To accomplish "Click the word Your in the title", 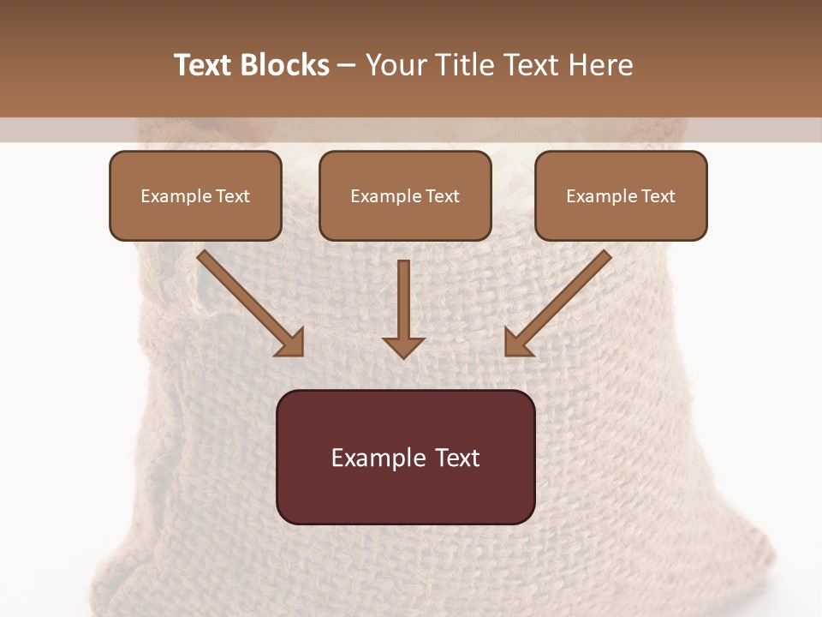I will [x=396, y=65].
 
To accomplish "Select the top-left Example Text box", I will [x=195, y=195].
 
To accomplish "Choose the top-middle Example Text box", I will [x=405, y=195].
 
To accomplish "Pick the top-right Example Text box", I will [x=621, y=195].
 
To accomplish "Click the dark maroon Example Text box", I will [x=405, y=457].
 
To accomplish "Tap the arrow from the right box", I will [x=562, y=300].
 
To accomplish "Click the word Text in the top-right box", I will [x=658, y=196].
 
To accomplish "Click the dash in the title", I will [x=347, y=65].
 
